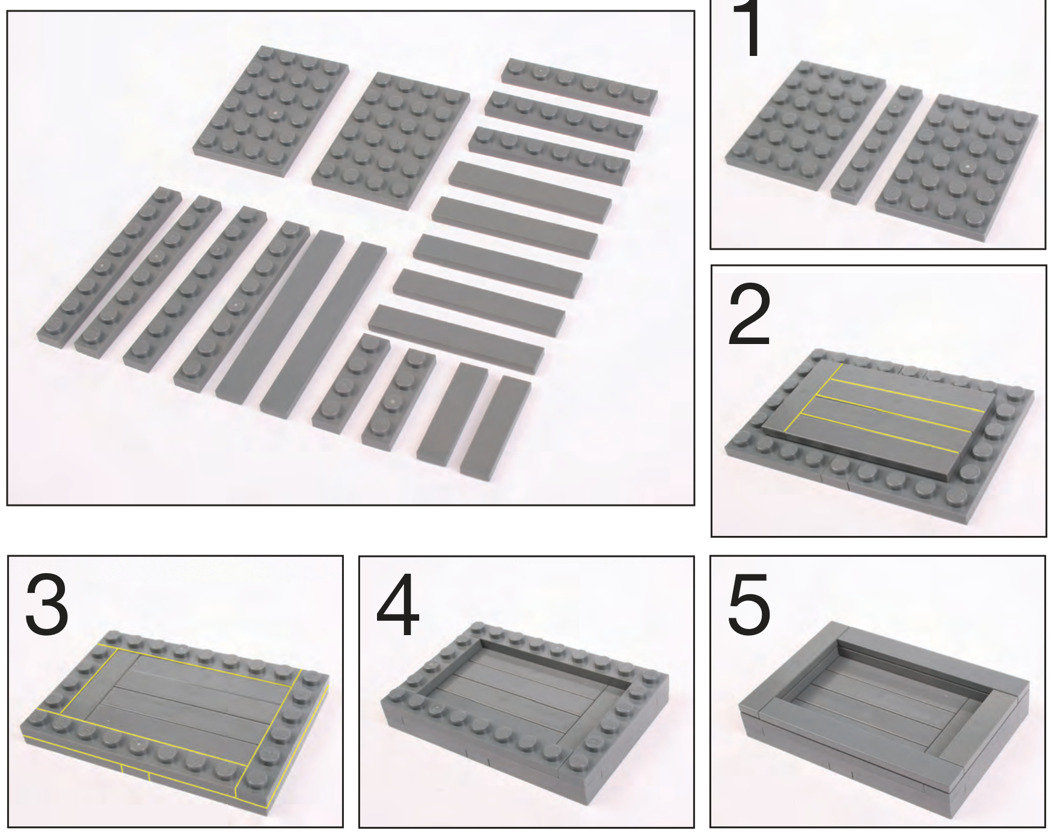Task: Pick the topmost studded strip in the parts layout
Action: coord(580,85)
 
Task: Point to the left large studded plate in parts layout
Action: coord(271,111)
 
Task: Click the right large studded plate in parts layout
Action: coord(391,141)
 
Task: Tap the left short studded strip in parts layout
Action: coord(351,377)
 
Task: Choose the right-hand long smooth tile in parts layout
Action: coord(323,327)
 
